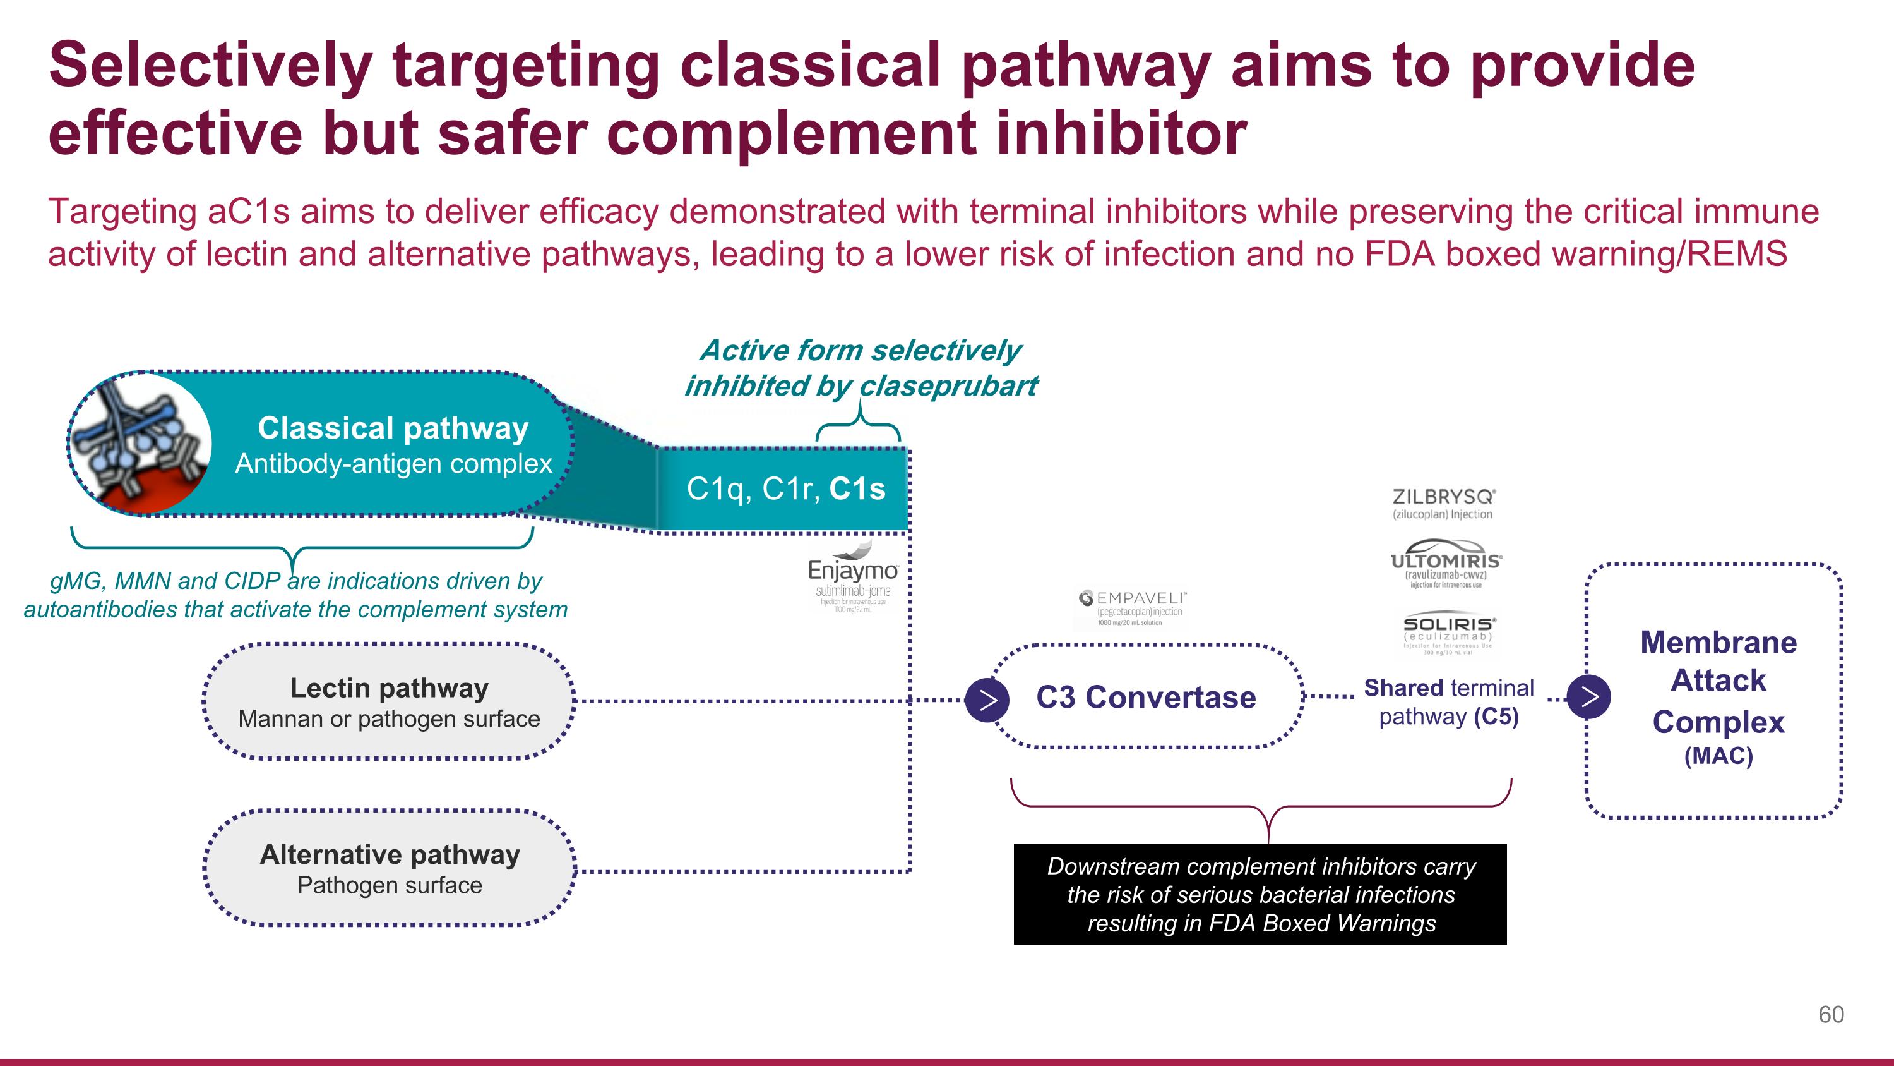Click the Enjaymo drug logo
[x=852, y=577]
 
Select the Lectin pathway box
[x=389, y=702]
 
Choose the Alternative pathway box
[x=389, y=868]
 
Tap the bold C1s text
[x=857, y=489]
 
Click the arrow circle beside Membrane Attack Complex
[x=1588, y=696]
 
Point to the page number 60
[x=1830, y=1015]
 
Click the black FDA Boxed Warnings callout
[x=1260, y=895]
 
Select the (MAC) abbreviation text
[x=1718, y=756]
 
